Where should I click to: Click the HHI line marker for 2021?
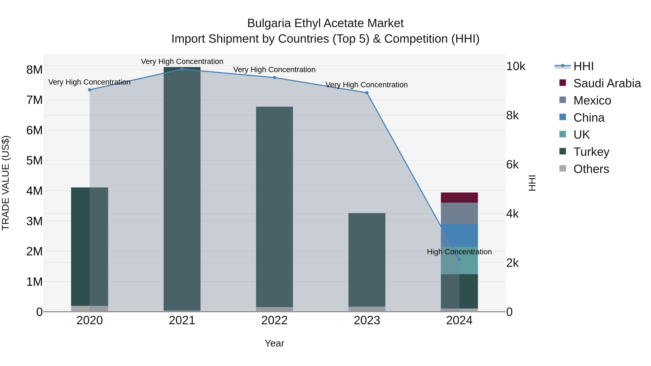182,69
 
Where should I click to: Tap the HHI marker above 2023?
367,93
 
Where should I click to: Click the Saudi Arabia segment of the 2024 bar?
459,198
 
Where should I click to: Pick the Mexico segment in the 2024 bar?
459,213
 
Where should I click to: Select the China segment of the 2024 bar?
459,235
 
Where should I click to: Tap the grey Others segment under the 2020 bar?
90,309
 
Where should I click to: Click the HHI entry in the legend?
583,66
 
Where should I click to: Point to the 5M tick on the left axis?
35,161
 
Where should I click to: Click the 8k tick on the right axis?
512,115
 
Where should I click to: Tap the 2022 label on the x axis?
275,320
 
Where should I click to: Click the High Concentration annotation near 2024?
459,252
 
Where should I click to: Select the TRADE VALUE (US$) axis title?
6,183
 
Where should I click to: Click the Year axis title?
275,343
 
